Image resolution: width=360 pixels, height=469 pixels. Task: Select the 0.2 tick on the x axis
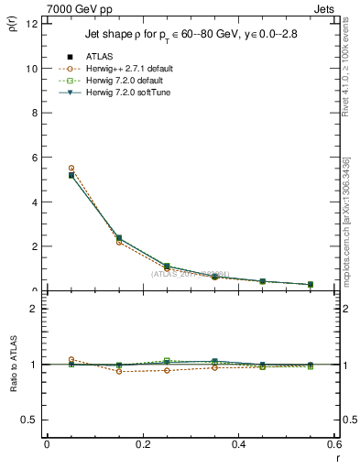(x=142, y=443)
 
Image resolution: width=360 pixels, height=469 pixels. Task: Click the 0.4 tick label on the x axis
(x=238, y=443)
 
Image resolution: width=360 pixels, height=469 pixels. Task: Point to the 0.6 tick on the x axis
(x=333, y=443)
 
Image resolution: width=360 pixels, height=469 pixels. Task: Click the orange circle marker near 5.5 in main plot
(x=71, y=169)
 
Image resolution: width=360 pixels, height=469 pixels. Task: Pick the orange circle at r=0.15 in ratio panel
(x=119, y=371)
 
